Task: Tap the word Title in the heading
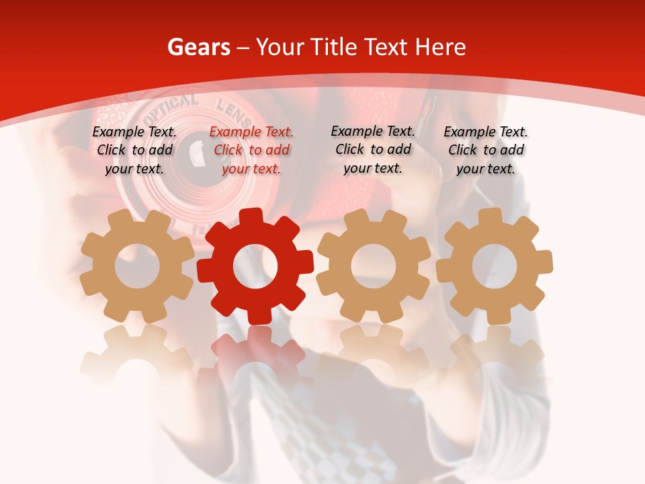333,47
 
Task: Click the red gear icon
255,266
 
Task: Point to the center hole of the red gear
255,266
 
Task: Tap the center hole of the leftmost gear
137,266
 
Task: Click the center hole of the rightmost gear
494,266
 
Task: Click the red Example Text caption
251,150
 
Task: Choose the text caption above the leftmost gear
134,150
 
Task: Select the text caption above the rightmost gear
486,150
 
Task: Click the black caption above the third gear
373,149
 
